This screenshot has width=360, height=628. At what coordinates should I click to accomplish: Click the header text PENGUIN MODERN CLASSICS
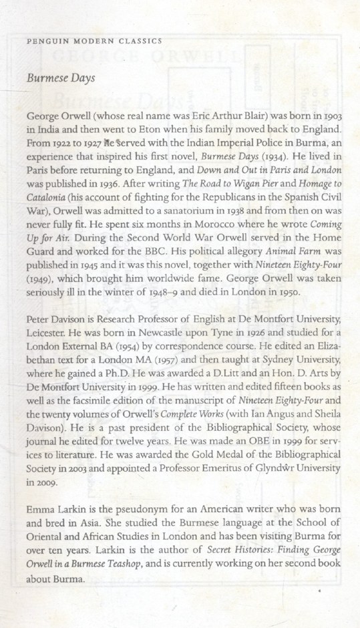93,41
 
